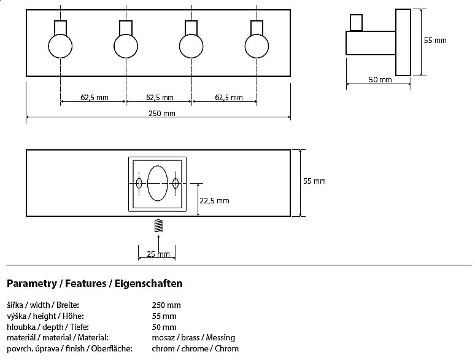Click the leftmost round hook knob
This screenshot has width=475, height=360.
[60, 46]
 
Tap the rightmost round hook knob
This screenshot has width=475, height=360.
[257, 46]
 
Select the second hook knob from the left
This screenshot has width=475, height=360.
[126, 46]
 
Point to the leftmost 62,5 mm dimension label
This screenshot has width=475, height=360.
[94, 98]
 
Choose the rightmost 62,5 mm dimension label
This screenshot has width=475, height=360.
[228, 98]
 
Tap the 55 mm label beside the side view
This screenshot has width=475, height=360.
[435, 41]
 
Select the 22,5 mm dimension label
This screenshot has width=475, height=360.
[215, 200]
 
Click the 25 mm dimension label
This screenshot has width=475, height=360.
[158, 254]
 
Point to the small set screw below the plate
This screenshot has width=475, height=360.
[158, 225]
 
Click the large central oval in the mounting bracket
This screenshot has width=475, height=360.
[158, 183]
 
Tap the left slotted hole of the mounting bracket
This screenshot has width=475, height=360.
[139, 183]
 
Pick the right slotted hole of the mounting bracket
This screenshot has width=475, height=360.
[176, 183]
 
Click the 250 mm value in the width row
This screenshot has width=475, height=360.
[166, 305]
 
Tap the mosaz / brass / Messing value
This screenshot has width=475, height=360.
[193, 338]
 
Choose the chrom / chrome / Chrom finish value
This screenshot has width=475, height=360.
[195, 349]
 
